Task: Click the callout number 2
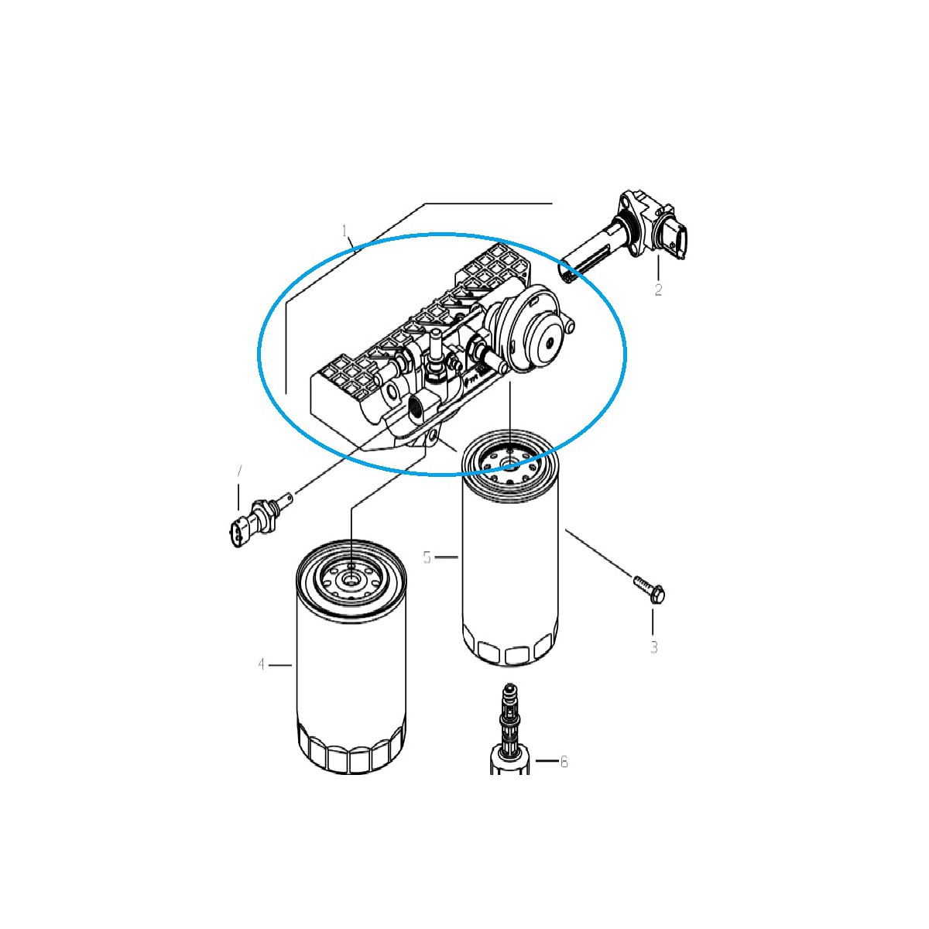[x=658, y=290]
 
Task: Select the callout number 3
[x=653, y=646]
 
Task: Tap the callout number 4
[x=262, y=664]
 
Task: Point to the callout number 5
[x=427, y=557]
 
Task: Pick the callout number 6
[x=564, y=762]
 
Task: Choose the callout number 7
[x=239, y=471]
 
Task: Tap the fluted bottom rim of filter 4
[x=350, y=759]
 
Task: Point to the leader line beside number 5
[x=447, y=557]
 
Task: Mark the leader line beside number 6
[x=546, y=762]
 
